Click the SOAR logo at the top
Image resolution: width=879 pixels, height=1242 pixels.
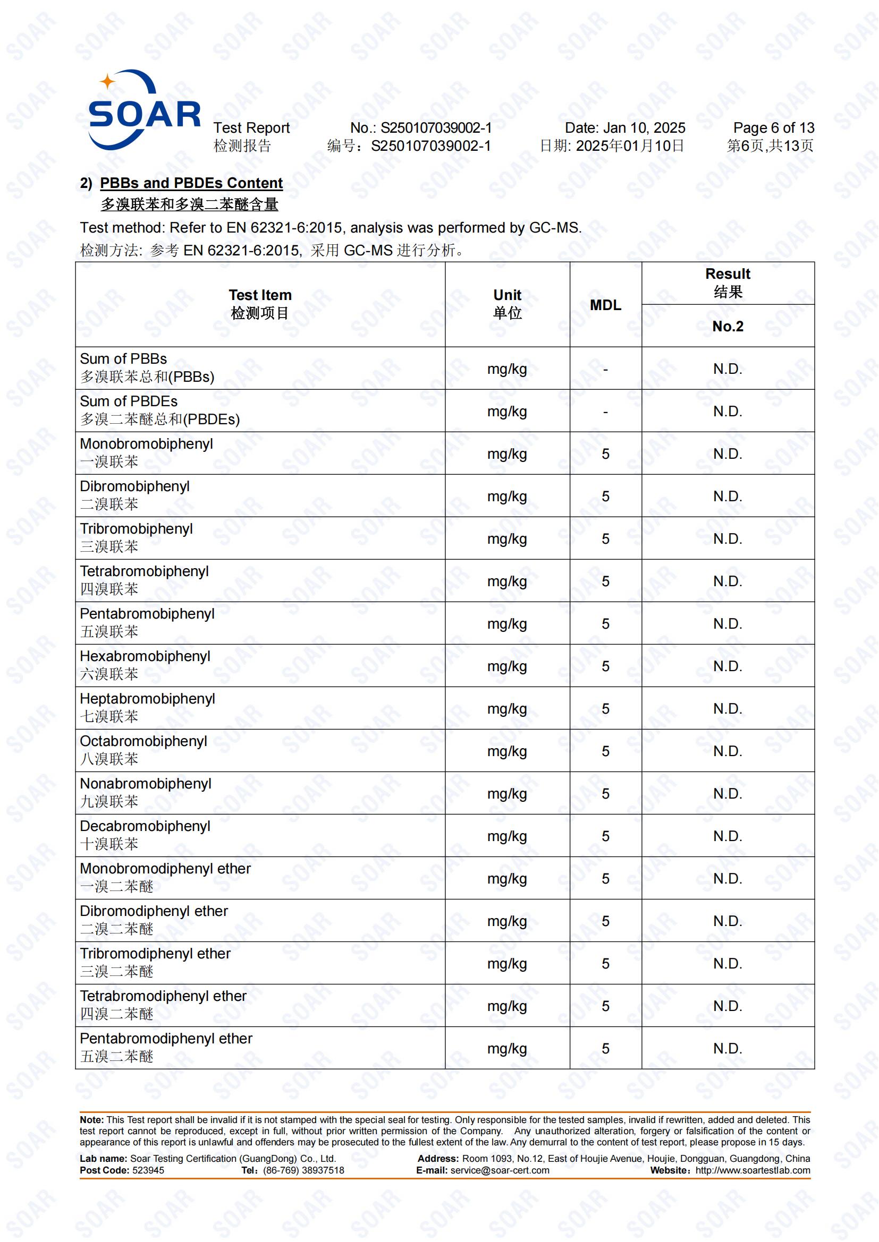pyautogui.click(x=143, y=110)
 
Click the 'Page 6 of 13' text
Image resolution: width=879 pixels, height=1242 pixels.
pyautogui.click(x=773, y=127)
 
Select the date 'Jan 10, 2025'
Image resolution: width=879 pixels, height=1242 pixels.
pyautogui.click(x=644, y=127)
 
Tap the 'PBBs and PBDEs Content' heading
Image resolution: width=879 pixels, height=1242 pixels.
pyautogui.click(x=191, y=183)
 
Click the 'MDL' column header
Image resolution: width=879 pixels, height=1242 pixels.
pyautogui.click(x=605, y=305)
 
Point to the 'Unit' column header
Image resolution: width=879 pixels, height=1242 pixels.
pyautogui.click(x=507, y=295)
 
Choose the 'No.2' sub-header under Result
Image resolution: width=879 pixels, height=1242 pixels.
pyautogui.click(x=728, y=326)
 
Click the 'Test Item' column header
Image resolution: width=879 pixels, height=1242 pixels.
pyautogui.click(x=260, y=295)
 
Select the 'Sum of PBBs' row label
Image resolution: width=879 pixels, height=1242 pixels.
pyautogui.click(x=123, y=358)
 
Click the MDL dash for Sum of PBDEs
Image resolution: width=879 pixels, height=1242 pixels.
pyautogui.click(x=605, y=412)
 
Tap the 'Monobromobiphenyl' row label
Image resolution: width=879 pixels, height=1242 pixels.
pyautogui.click(x=146, y=443)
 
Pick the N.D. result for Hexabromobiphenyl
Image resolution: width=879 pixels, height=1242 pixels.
pyautogui.click(x=728, y=666)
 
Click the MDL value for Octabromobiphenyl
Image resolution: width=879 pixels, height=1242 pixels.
pyautogui.click(x=605, y=751)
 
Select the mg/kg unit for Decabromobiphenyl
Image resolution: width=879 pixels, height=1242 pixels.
pyautogui.click(x=507, y=836)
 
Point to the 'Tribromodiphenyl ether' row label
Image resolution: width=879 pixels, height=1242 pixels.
pyautogui.click(x=155, y=953)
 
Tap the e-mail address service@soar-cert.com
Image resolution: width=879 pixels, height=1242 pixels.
pyautogui.click(x=500, y=1170)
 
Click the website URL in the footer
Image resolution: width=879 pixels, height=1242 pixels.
pyautogui.click(x=753, y=1170)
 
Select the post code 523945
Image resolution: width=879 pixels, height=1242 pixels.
pyautogui.click(x=148, y=1170)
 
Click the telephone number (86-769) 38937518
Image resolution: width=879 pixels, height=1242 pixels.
pyautogui.click(x=303, y=1170)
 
